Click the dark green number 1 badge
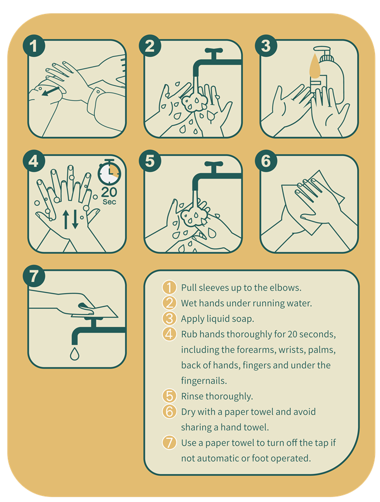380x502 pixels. click(x=33, y=46)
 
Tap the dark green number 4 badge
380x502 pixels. click(x=33, y=161)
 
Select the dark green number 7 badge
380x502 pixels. click(x=33, y=276)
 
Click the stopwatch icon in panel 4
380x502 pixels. click(x=109, y=172)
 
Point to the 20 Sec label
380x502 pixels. click(x=109, y=196)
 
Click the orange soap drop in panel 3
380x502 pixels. click(x=315, y=66)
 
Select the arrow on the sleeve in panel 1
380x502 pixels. click(x=51, y=91)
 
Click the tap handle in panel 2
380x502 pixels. click(x=214, y=51)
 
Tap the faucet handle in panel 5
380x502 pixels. click(x=214, y=164)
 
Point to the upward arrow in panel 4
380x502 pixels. click(x=66, y=219)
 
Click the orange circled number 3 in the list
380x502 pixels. click(x=169, y=318)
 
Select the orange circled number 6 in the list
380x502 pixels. click(x=169, y=412)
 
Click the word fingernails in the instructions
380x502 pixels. click(x=204, y=380)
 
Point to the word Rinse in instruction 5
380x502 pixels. click(x=193, y=397)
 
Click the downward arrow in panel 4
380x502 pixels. click(x=75, y=219)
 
